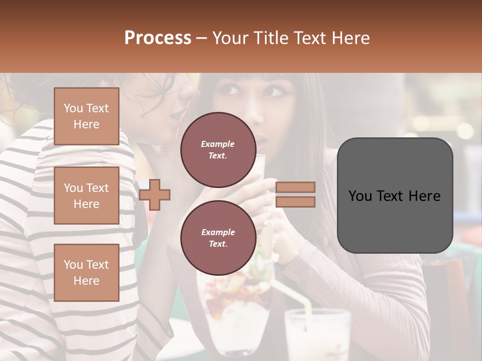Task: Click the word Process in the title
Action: [x=158, y=38]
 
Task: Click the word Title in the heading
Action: [x=272, y=38]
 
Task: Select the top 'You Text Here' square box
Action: [x=86, y=116]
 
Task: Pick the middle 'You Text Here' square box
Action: [x=86, y=196]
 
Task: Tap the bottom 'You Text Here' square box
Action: [x=86, y=273]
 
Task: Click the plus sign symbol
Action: [x=155, y=195]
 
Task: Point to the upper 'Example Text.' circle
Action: [x=218, y=149]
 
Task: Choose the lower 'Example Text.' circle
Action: [x=218, y=238]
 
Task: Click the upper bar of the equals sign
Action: [x=296, y=188]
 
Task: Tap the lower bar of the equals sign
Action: [x=296, y=202]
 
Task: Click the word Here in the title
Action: [x=350, y=38]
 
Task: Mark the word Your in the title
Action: [x=229, y=38]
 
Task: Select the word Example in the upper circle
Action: [x=218, y=144]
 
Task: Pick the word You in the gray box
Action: [x=360, y=196]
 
